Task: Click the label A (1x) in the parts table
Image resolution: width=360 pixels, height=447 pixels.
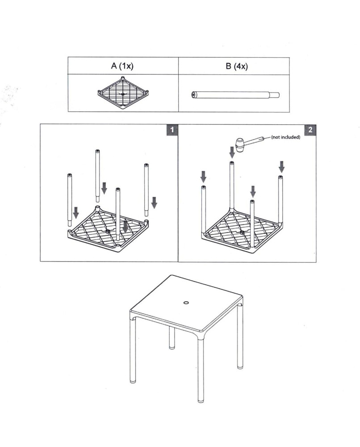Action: [x=122, y=66]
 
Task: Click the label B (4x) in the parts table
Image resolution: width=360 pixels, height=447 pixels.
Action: [x=236, y=66]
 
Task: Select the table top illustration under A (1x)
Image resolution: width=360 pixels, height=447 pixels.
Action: [x=123, y=93]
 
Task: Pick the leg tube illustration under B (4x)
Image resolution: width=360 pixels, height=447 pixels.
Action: [x=232, y=95]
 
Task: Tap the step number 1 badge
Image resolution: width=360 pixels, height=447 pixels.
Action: [x=172, y=130]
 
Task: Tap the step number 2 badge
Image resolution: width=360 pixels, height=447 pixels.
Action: [x=310, y=130]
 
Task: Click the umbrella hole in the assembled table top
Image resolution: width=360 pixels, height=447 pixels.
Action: [x=186, y=303]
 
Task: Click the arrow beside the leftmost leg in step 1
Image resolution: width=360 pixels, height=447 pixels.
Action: [x=76, y=213]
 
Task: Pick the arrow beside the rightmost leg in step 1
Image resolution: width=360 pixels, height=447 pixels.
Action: [x=154, y=202]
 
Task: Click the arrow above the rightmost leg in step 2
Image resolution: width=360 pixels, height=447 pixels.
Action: [x=281, y=167]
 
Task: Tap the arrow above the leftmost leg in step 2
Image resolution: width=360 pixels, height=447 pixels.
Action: [x=203, y=176]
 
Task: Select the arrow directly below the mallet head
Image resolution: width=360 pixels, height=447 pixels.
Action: [x=232, y=152]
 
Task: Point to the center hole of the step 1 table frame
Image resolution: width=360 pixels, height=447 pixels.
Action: [x=109, y=231]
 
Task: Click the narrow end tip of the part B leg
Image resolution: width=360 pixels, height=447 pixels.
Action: [x=276, y=95]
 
